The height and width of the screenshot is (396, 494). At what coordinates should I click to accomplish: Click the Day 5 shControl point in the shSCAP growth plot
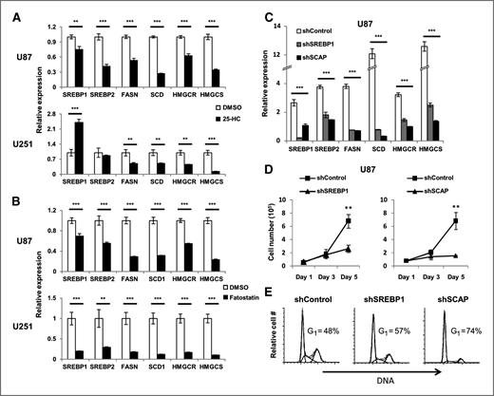[x=462, y=224]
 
